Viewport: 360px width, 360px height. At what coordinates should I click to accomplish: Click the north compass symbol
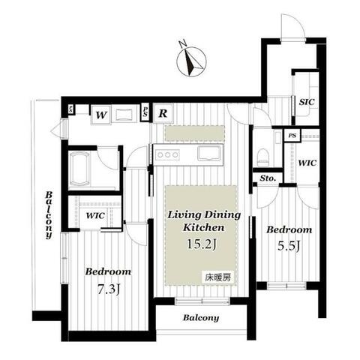pos(191,61)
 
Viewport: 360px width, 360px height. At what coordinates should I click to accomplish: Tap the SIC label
pos(307,102)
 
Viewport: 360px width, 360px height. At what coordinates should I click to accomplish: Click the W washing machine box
pos(101,115)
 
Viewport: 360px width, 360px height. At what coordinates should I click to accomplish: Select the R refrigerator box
pos(163,113)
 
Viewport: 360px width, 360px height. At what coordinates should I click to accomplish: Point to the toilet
pos(263,157)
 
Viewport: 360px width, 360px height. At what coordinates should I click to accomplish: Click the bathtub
pos(79,169)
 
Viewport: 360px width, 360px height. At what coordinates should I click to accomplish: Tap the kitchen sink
pos(209,153)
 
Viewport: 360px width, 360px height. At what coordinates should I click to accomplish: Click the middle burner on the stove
pos(167,154)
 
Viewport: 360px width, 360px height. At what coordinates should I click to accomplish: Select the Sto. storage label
pos(268,178)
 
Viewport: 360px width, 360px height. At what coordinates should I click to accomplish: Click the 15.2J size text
pos(202,244)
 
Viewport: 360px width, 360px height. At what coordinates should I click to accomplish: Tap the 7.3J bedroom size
pos(108,289)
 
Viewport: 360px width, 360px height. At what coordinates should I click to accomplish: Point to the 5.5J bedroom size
pos(289,246)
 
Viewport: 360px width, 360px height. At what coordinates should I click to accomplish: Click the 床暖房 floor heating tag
pos(218,277)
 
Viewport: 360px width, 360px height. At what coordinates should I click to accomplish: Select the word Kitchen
pos(203,227)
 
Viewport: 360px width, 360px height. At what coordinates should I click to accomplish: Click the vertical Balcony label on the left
pos(49,215)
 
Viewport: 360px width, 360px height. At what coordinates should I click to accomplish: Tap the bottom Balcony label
pos(201,318)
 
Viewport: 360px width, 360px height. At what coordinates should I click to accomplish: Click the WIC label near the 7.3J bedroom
pos(95,215)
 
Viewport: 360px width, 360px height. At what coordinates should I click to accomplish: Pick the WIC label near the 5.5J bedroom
pos(307,163)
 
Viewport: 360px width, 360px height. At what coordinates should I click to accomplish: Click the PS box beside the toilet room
pos(292,136)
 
